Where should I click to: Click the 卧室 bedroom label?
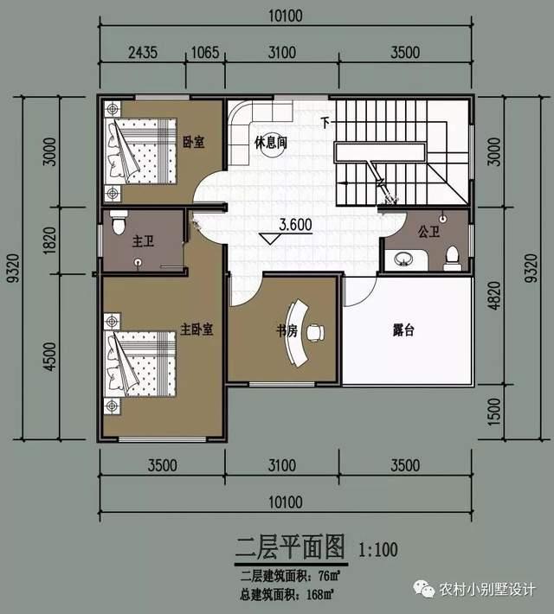pyautogui.click(x=194, y=142)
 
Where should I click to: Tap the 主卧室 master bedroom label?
pyautogui.click(x=196, y=329)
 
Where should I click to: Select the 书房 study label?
pyautogui.click(x=287, y=331)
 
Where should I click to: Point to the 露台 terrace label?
pyautogui.click(x=403, y=330)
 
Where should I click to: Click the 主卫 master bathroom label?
pyautogui.click(x=143, y=240)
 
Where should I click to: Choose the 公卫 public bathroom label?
pyautogui.click(x=428, y=232)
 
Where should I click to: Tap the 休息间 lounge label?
pyautogui.click(x=271, y=143)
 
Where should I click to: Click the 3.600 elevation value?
pyautogui.click(x=296, y=225)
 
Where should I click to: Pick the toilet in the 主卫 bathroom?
pyautogui.click(x=118, y=222)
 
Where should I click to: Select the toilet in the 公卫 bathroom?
pyautogui.click(x=452, y=259)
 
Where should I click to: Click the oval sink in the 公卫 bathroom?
pyautogui.click(x=404, y=259)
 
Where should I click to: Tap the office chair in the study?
pyautogui.click(x=316, y=332)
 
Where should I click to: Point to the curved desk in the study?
pyautogui.click(x=296, y=333)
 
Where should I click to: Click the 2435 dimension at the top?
pyautogui.click(x=143, y=52)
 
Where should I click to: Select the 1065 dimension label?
pyautogui.click(x=205, y=53)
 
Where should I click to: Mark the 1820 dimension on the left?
pyautogui.click(x=50, y=240)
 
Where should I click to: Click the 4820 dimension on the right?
pyautogui.click(x=495, y=296)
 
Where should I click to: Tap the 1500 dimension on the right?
pyautogui.click(x=495, y=412)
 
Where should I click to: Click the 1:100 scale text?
pyautogui.click(x=378, y=550)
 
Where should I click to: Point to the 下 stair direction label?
pyautogui.click(x=325, y=123)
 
